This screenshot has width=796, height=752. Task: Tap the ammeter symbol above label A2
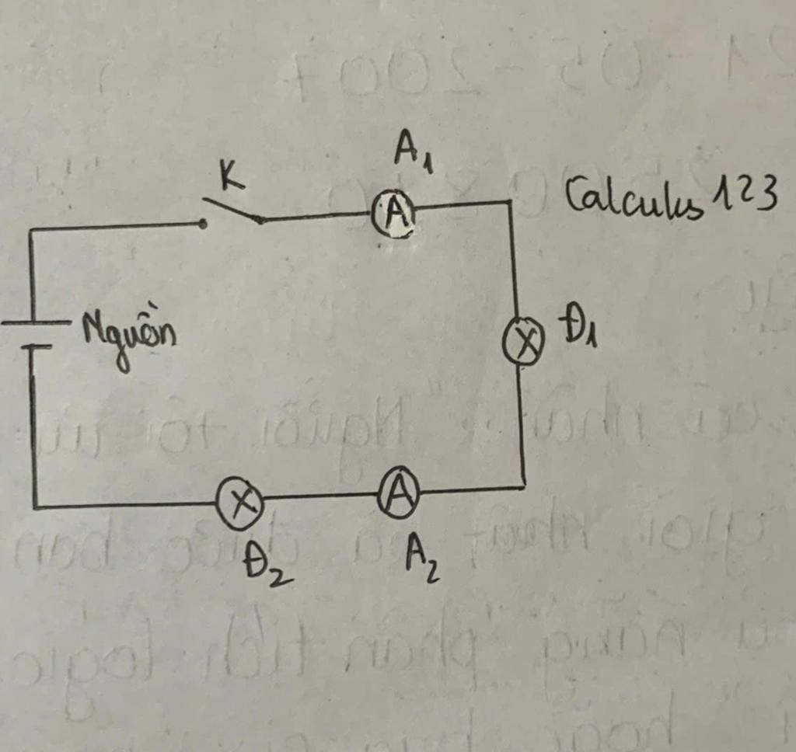coord(399,493)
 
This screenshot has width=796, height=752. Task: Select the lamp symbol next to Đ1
coord(524,342)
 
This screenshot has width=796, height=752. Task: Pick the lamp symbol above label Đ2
coord(239,503)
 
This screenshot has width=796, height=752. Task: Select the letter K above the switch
coord(230,177)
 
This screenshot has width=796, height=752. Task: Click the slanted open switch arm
coord(232,210)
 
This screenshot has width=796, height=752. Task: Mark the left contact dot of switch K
coord(202,224)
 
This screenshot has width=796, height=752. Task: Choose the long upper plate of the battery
coord(36,322)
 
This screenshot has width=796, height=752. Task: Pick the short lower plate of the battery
coord(34,346)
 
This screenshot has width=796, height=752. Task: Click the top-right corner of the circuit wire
coord(510,203)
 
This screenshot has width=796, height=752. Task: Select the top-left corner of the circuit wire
coord(31,230)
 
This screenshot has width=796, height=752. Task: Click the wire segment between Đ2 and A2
coord(320,496)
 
